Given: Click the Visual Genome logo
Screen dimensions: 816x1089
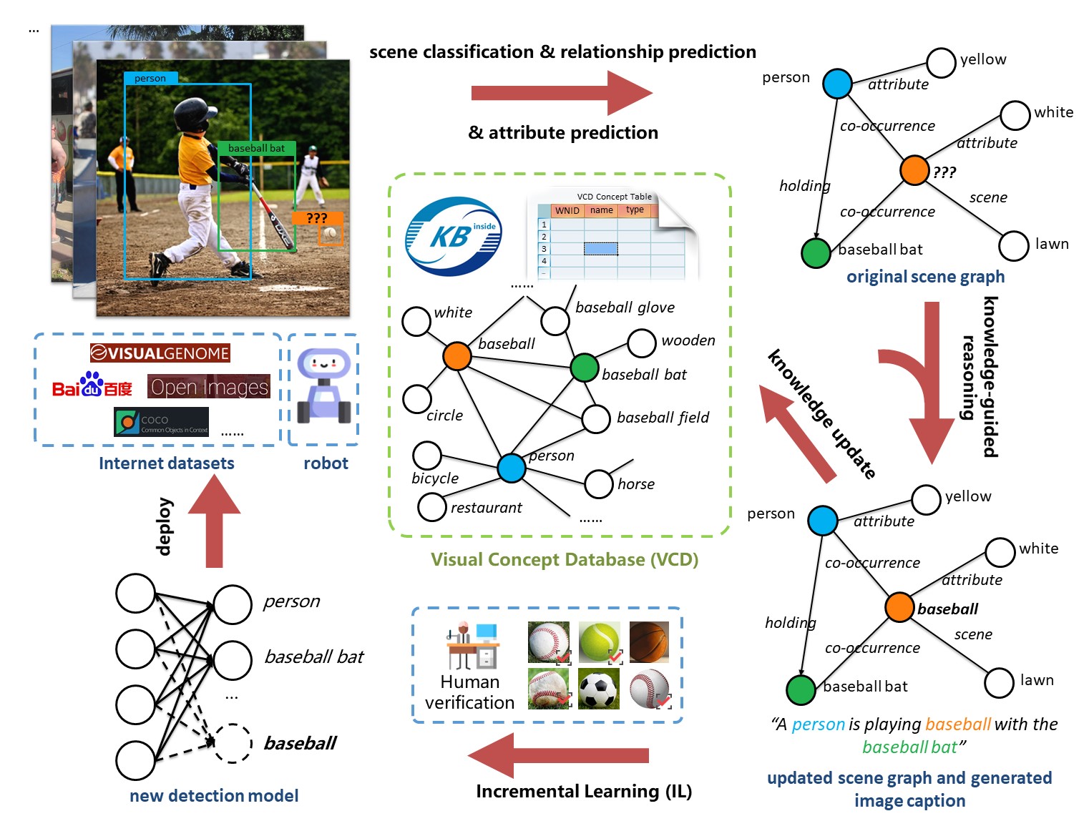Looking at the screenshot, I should coord(160,353).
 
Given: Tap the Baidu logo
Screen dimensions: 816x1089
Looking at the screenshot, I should coord(92,386).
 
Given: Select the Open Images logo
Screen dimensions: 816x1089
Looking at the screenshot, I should coord(209,387).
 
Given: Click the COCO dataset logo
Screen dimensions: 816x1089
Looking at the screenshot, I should coord(161,422).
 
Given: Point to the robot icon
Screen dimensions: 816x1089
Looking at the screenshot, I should coord(324,386).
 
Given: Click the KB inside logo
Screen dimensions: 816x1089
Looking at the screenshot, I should coord(453,237).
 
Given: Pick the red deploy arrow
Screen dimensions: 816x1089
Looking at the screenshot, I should coord(214,521).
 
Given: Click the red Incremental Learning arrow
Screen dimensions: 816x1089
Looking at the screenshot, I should coord(558,755).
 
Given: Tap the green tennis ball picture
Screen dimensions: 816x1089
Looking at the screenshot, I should coord(599,642).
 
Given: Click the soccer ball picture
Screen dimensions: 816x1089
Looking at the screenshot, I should coord(598,689).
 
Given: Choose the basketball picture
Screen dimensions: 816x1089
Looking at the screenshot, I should coord(649,642).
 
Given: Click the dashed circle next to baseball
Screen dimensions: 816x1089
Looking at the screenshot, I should coord(233,744).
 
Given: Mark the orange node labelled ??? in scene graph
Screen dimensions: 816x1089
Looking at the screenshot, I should coord(914,170).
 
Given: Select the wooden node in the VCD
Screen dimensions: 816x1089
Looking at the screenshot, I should coord(641,343).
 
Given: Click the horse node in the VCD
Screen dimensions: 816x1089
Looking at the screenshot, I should coord(598,484).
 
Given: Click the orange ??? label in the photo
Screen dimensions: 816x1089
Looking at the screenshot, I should coord(317,218).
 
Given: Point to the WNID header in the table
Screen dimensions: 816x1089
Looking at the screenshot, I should coord(567,210).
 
